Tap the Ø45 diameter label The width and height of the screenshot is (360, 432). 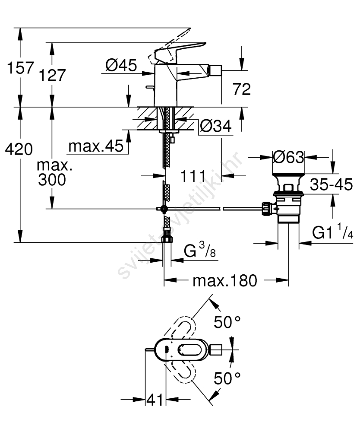121,65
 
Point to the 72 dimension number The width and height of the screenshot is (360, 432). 241,89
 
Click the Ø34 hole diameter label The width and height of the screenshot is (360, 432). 216,126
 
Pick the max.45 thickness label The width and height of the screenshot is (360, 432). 95,147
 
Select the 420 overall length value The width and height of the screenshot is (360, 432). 18,150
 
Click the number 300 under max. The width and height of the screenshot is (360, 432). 52,180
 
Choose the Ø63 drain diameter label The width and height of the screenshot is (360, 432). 289,157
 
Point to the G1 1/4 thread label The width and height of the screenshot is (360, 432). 332,234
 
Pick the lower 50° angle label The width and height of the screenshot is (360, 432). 227,378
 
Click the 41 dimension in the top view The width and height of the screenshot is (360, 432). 155,400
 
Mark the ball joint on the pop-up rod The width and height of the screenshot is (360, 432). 164,209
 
